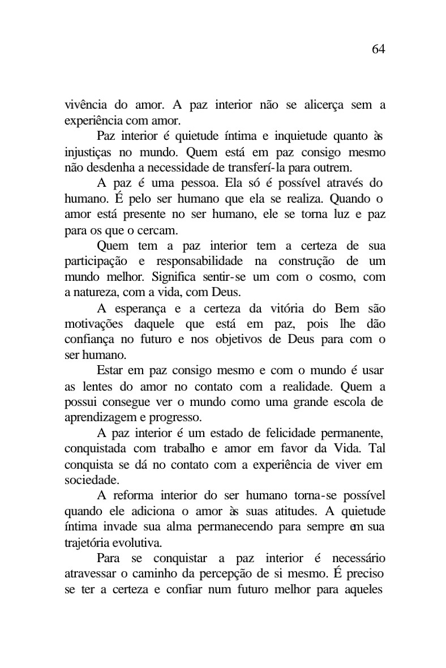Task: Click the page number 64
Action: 378,49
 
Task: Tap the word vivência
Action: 84,105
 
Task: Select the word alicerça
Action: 314,105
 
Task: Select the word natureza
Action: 91,293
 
